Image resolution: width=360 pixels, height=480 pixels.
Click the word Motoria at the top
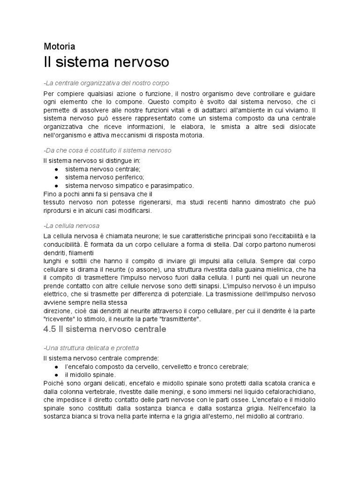click(x=59, y=46)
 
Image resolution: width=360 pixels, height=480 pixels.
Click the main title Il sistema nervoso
click(x=106, y=62)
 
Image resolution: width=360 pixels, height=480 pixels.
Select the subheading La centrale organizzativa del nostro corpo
click(x=105, y=82)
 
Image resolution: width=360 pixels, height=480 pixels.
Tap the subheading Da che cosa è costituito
click(x=107, y=150)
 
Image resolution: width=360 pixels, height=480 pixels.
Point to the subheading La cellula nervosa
click(x=71, y=225)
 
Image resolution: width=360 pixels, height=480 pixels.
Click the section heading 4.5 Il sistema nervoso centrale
click(x=105, y=330)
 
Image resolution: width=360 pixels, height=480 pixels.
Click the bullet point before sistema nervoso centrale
click(x=56, y=169)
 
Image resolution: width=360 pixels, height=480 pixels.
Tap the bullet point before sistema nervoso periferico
click(x=56, y=177)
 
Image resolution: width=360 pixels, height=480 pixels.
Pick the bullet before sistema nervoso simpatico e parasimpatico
click(x=56, y=186)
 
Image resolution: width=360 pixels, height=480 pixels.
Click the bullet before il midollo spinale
click(x=56, y=375)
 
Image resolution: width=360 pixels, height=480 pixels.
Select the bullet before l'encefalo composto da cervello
click(x=56, y=367)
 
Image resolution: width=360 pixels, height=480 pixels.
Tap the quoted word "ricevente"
click(x=58, y=319)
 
